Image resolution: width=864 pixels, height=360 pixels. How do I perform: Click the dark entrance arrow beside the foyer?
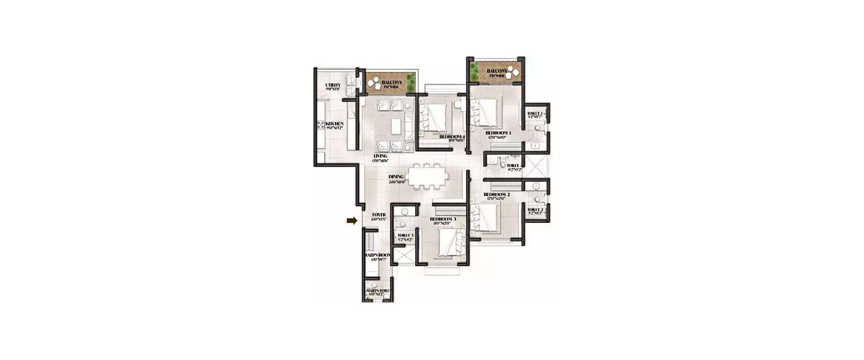pos(351,220)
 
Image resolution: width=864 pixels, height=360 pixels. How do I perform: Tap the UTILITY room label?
pos(333,86)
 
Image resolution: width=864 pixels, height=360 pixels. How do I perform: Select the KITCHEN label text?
pos(334,124)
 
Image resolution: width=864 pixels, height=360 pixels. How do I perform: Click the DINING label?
pos(396,177)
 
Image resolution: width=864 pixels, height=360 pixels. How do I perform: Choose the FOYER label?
pos(378,215)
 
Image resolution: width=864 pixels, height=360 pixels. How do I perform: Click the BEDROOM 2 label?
pos(497,195)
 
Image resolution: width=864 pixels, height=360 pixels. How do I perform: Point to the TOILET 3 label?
pos(405,236)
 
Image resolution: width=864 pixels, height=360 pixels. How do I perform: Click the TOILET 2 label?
pos(535,210)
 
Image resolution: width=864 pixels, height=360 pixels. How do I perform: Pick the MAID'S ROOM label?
pos(378,255)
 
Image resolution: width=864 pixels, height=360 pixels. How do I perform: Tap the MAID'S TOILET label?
pos(378,291)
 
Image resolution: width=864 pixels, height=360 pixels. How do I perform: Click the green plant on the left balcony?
pos(411,83)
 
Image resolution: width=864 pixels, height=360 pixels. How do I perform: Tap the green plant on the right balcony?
pos(474,71)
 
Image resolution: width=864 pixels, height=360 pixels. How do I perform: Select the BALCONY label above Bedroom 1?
pos(496,71)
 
